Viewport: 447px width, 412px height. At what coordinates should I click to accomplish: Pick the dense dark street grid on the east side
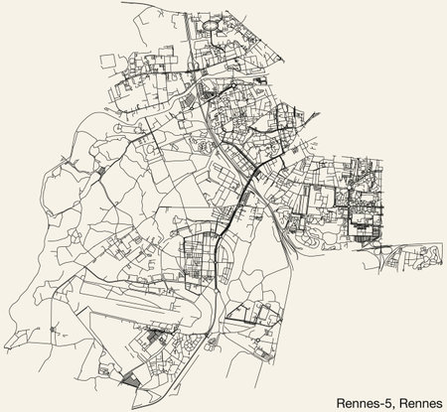[x=363, y=213]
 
